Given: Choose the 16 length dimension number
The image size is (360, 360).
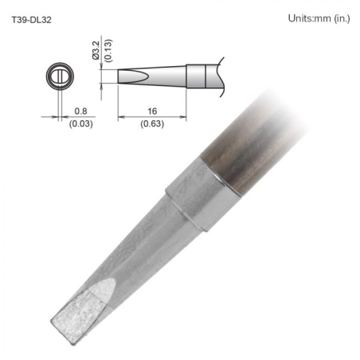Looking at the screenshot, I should [x=151, y=112].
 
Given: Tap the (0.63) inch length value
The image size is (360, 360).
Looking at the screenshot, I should [x=151, y=124].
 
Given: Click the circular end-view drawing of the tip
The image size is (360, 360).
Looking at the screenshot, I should [x=57, y=77].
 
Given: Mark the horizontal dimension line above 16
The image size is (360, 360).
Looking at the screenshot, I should [x=151, y=119].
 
